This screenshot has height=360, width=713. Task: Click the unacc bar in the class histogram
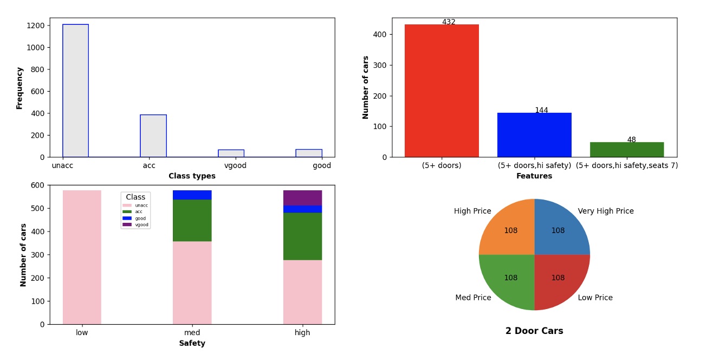pyautogui.click(x=75, y=91)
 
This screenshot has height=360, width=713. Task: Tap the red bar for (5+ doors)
pyautogui.click(x=442, y=91)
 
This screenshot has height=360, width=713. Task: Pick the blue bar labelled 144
pyautogui.click(x=534, y=135)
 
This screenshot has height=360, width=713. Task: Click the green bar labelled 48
pyautogui.click(x=627, y=150)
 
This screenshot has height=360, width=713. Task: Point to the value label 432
pyautogui.click(x=449, y=22)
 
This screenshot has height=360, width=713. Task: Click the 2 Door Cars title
pyautogui.click(x=534, y=331)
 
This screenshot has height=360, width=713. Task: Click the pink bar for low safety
pyautogui.click(x=82, y=257)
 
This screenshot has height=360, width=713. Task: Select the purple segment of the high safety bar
pyautogui.click(x=302, y=198)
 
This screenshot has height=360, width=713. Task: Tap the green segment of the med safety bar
pyautogui.click(x=192, y=220)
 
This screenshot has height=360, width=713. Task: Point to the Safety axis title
pyautogui.click(x=192, y=344)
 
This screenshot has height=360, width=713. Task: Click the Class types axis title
pyautogui.click(x=192, y=176)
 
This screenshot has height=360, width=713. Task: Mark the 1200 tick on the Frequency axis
pyautogui.click(x=36, y=25)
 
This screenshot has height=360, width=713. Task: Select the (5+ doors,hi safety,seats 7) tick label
pyautogui.click(x=627, y=166)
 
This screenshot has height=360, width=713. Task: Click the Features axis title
pyautogui.click(x=534, y=176)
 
